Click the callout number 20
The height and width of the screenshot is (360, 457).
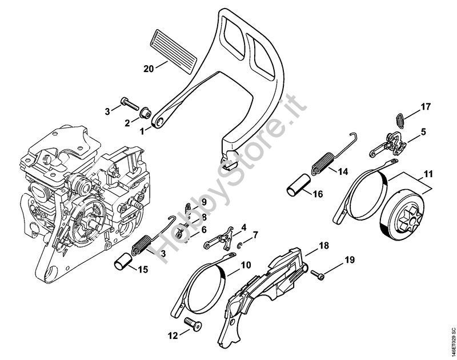click(149, 69)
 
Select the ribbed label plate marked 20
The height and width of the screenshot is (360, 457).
click(174, 51)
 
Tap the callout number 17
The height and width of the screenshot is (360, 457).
click(426, 107)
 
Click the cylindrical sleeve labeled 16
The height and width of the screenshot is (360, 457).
click(299, 185)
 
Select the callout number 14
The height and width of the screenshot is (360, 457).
click(343, 171)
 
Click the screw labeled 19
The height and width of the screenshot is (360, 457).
click(318, 275)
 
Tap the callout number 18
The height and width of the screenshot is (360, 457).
click(324, 246)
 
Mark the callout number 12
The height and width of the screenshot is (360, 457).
click(173, 336)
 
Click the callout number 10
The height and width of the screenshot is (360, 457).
click(246, 265)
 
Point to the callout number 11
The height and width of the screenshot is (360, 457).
click(428, 174)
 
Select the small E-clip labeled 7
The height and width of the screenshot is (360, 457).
click(240, 245)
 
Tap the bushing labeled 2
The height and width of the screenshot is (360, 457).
click(145, 113)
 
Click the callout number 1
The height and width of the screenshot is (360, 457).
click(142, 132)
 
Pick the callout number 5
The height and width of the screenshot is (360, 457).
click(423, 132)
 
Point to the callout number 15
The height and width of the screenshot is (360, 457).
click(143, 270)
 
